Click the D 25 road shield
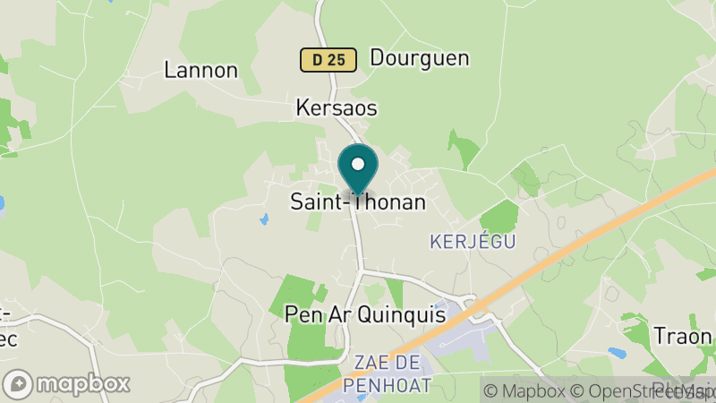[x=328, y=60]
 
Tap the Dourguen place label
[x=420, y=58]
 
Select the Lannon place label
[x=201, y=70]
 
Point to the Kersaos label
[x=337, y=108]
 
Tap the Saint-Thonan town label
[x=358, y=202]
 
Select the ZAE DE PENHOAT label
[x=393, y=373]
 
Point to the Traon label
[x=683, y=336]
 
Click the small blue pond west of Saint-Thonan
[x=264, y=219]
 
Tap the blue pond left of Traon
[x=618, y=352]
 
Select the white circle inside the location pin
[x=358, y=164]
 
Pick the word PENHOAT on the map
[x=393, y=385]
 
